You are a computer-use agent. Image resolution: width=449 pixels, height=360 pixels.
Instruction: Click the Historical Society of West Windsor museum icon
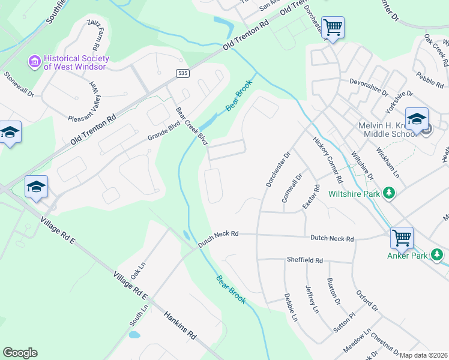(34, 61)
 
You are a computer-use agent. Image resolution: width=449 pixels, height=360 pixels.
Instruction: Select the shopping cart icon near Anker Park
(401, 237)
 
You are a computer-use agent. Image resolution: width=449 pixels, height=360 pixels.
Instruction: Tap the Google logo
(20, 353)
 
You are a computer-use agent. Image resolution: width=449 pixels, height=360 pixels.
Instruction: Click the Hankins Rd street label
(180, 325)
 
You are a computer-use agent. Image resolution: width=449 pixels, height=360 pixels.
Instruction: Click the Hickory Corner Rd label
(328, 159)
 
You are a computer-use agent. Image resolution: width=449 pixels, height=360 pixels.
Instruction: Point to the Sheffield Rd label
(303, 260)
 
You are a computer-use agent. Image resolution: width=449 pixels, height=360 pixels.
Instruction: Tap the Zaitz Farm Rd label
(94, 34)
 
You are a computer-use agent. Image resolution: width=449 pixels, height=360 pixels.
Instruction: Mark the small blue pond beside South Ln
(134, 334)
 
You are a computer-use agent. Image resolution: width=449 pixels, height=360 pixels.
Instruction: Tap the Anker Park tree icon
(438, 255)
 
